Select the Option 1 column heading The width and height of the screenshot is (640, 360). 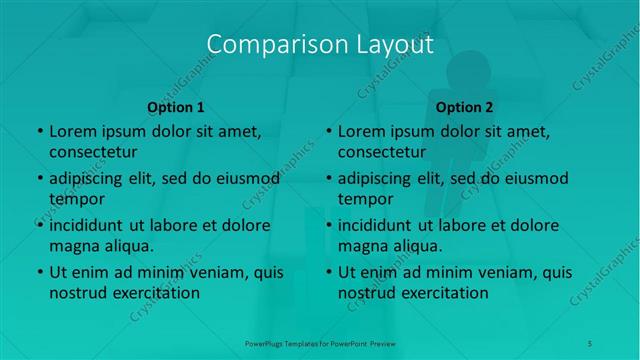176,107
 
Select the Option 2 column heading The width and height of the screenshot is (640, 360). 465,107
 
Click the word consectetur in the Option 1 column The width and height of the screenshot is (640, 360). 93,152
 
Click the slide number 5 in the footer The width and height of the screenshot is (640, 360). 591,343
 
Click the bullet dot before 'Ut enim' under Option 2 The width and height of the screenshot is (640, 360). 328,272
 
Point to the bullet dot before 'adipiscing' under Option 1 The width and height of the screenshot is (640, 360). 39,179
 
